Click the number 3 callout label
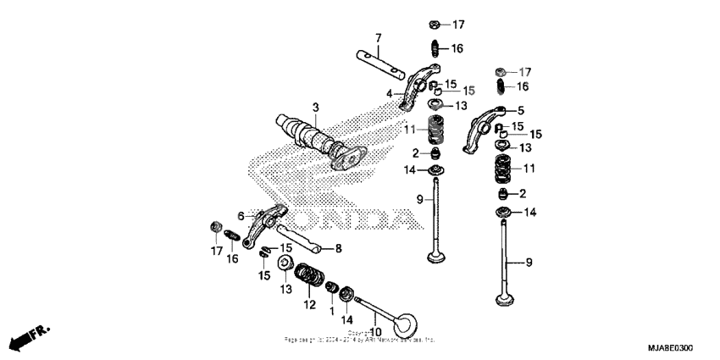(x=315, y=108)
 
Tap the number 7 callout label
(x=379, y=37)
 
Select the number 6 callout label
(x=241, y=217)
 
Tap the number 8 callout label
(x=337, y=248)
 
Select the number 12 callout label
(x=310, y=304)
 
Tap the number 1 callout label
(x=332, y=311)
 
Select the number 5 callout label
(x=521, y=110)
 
